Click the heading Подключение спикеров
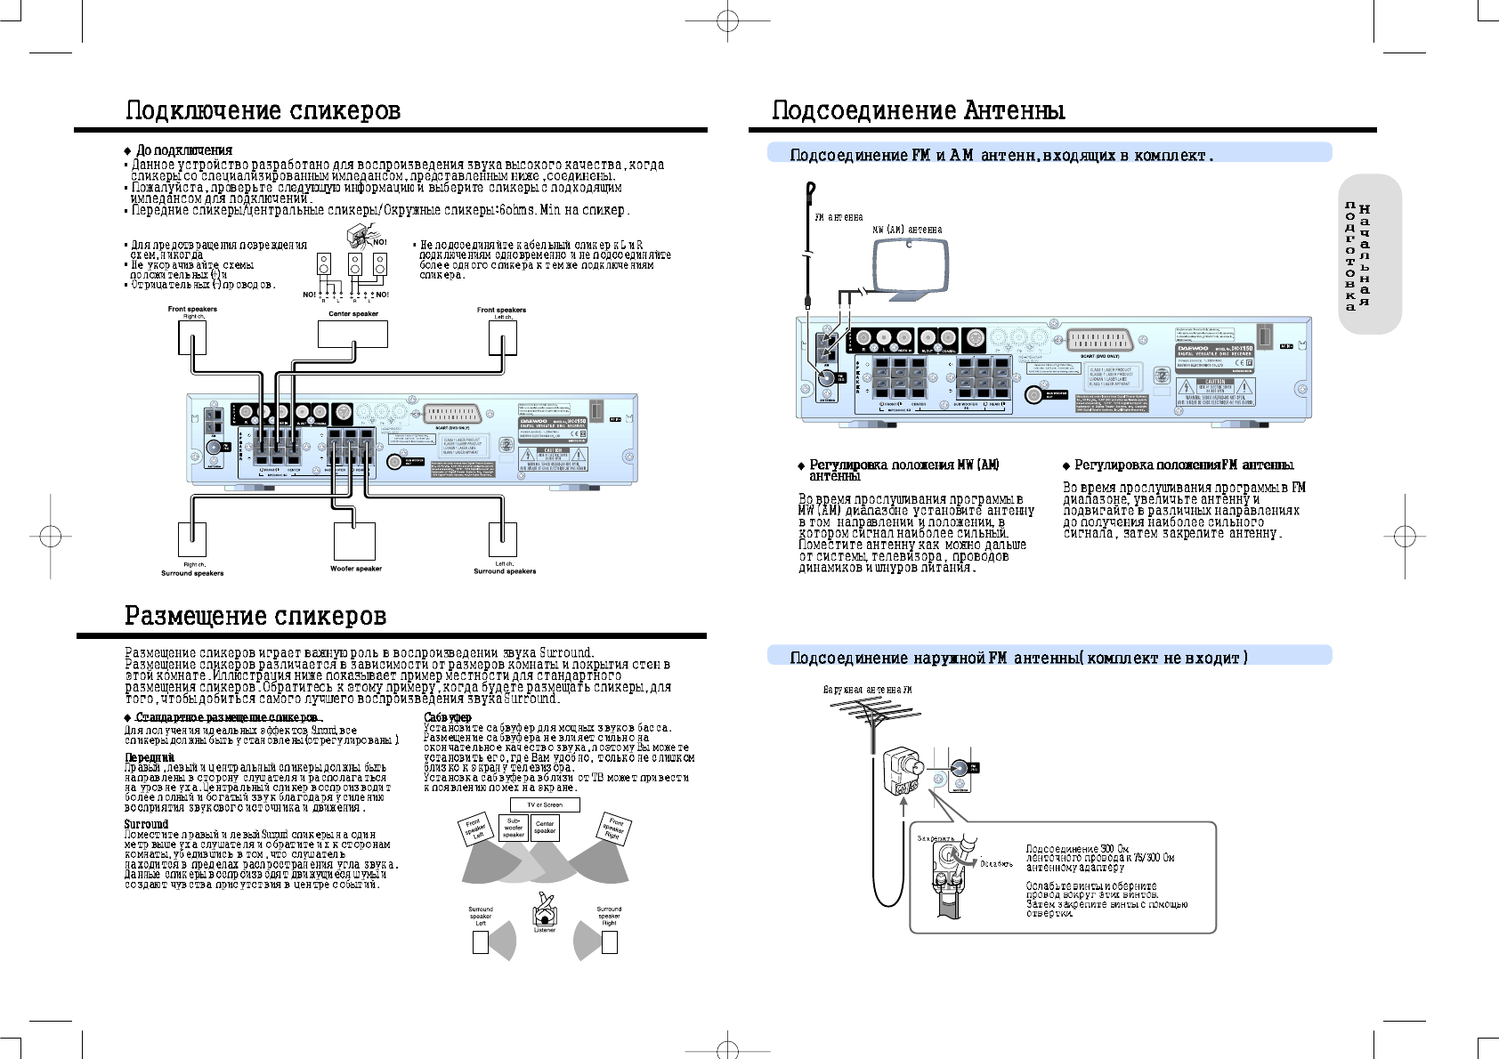coord(263,110)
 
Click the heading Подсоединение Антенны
coord(918,110)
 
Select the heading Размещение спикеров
coord(255,616)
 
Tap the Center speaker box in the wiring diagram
coord(352,334)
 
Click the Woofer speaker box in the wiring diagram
coord(354,541)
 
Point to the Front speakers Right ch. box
coord(192,337)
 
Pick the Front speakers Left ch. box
coord(503,337)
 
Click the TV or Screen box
coord(545,804)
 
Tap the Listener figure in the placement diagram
coord(545,910)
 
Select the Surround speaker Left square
coord(481,942)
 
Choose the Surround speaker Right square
coord(610,942)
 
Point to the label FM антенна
coord(839,217)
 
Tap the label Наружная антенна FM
coord(867,690)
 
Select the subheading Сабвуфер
coord(448,717)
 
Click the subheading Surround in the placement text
coord(146,824)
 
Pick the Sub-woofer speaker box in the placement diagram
coord(514,828)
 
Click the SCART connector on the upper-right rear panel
coord(1101,341)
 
